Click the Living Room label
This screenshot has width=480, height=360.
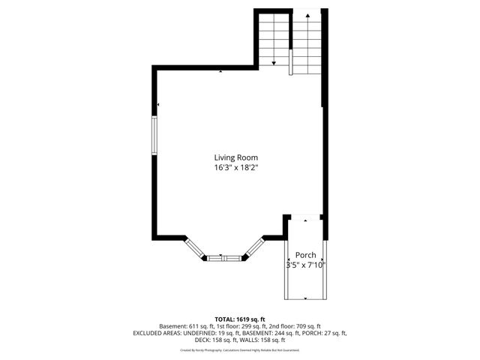point(235,157)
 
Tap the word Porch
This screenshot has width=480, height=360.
point(304,254)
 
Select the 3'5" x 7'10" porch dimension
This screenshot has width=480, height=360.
point(304,265)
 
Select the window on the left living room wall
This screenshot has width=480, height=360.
point(154,136)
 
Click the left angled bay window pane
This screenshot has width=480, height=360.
point(195,247)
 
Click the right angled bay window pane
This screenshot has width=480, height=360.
point(253,248)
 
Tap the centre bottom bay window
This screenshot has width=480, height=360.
point(224,258)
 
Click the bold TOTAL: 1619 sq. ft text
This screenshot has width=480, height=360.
point(240,319)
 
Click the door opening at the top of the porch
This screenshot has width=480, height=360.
point(304,217)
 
